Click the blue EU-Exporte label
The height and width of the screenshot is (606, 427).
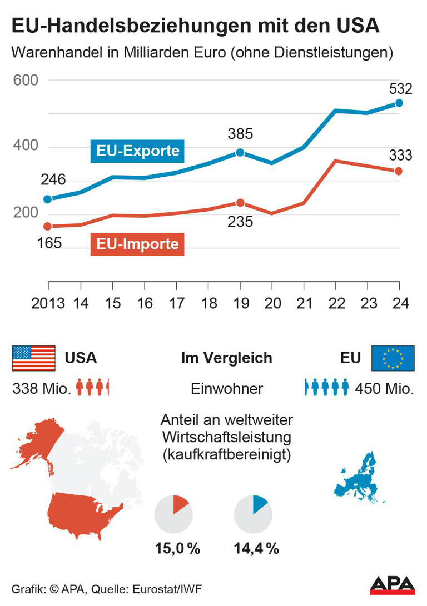point(137,151)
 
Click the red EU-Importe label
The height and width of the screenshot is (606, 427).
point(137,244)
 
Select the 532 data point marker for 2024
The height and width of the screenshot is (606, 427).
point(399,103)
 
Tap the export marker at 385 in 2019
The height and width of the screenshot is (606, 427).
point(240,152)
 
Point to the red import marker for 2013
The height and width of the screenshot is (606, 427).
point(48,226)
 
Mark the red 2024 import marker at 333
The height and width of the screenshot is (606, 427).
point(399,171)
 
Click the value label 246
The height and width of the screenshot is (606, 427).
point(53,180)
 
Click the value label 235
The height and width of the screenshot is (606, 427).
point(240,222)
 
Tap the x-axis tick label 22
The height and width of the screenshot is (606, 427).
point(335,303)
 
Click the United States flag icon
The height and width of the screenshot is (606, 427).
point(33,358)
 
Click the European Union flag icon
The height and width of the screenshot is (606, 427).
point(393,358)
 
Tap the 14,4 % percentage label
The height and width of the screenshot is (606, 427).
point(256,549)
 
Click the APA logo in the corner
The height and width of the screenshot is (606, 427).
point(393,585)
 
